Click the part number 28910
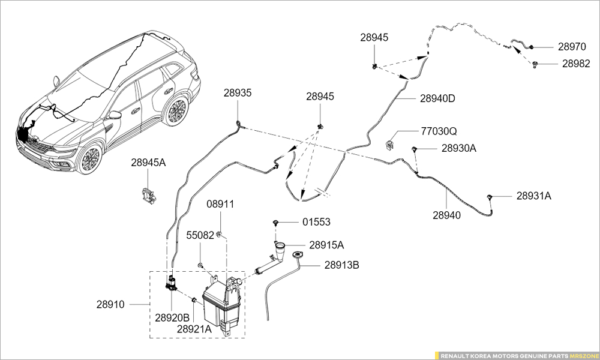point(110,305)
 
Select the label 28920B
point(172,317)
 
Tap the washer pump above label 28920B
point(172,283)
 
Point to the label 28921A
point(194,329)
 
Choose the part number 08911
point(220,204)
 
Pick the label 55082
point(200,235)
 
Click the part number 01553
point(316,222)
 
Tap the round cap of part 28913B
point(298,255)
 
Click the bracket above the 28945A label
point(148,195)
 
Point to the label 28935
point(238,93)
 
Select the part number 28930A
point(459,148)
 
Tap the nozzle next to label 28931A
point(489,197)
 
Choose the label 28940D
point(438,98)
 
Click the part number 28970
point(572,47)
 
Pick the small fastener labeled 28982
point(535,64)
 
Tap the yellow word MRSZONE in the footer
point(583,356)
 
